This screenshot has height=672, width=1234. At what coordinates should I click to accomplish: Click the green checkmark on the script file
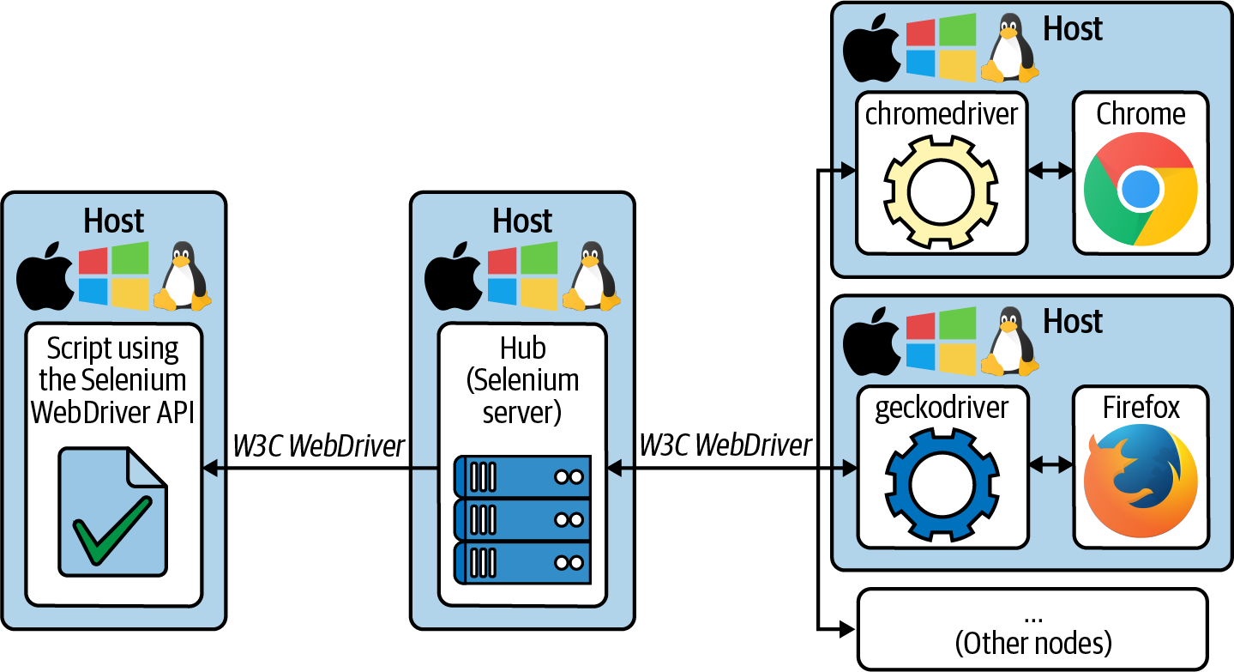click(111, 530)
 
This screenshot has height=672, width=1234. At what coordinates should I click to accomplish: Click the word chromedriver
click(942, 114)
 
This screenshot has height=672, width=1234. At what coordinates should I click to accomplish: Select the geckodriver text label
click(942, 407)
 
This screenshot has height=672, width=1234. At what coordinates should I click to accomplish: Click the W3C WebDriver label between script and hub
click(318, 446)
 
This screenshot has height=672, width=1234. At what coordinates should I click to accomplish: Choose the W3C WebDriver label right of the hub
click(725, 445)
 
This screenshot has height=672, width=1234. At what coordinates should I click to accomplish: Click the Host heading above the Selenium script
click(114, 221)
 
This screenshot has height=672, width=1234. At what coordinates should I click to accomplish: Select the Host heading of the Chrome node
click(1073, 28)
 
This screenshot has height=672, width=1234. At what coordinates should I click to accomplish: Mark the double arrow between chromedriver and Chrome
click(1050, 171)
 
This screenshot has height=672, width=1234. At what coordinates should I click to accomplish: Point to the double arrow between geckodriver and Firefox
click(1050, 464)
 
